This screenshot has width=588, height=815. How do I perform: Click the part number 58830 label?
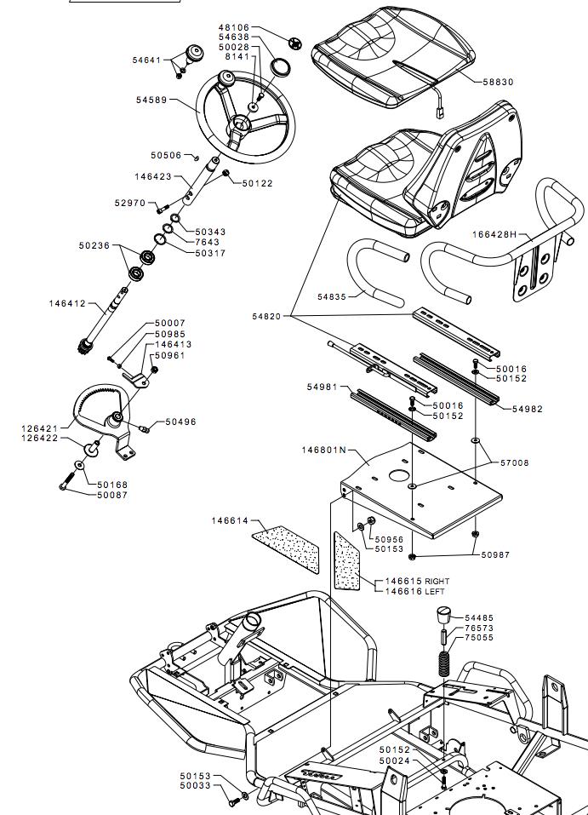[x=498, y=82]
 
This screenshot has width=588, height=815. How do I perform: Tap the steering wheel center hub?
[x=239, y=123]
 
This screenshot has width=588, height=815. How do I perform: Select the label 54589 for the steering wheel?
[x=151, y=100]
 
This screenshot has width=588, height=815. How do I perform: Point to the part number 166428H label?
[x=494, y=234]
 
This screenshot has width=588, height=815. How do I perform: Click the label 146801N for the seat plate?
[x=323, y=450]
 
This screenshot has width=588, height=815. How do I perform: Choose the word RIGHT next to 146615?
[x=437, y=581]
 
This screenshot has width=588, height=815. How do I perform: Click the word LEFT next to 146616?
[x=436, y=592]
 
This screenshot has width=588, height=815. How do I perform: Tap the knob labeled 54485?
[x=443, y=616]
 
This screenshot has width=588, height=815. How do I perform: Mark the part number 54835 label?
[x=331, y=297]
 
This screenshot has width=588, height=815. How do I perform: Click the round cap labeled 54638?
[x=282, y=67]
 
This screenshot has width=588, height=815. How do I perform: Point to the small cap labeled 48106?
[x=295, y=43]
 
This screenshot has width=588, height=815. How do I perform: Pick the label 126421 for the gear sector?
[x=39, y=429]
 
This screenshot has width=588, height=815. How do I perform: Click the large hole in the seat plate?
[x=399, y=475]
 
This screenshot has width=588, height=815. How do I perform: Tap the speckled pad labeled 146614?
[x=287, y=549]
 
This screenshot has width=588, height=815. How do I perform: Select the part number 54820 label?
[x=266, y=317]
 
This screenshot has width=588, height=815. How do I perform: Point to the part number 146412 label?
[x=67, y=303]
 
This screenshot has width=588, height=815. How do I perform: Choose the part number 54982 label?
[x=528, y=409]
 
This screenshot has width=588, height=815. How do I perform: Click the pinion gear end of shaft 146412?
[x=84, y=345]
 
